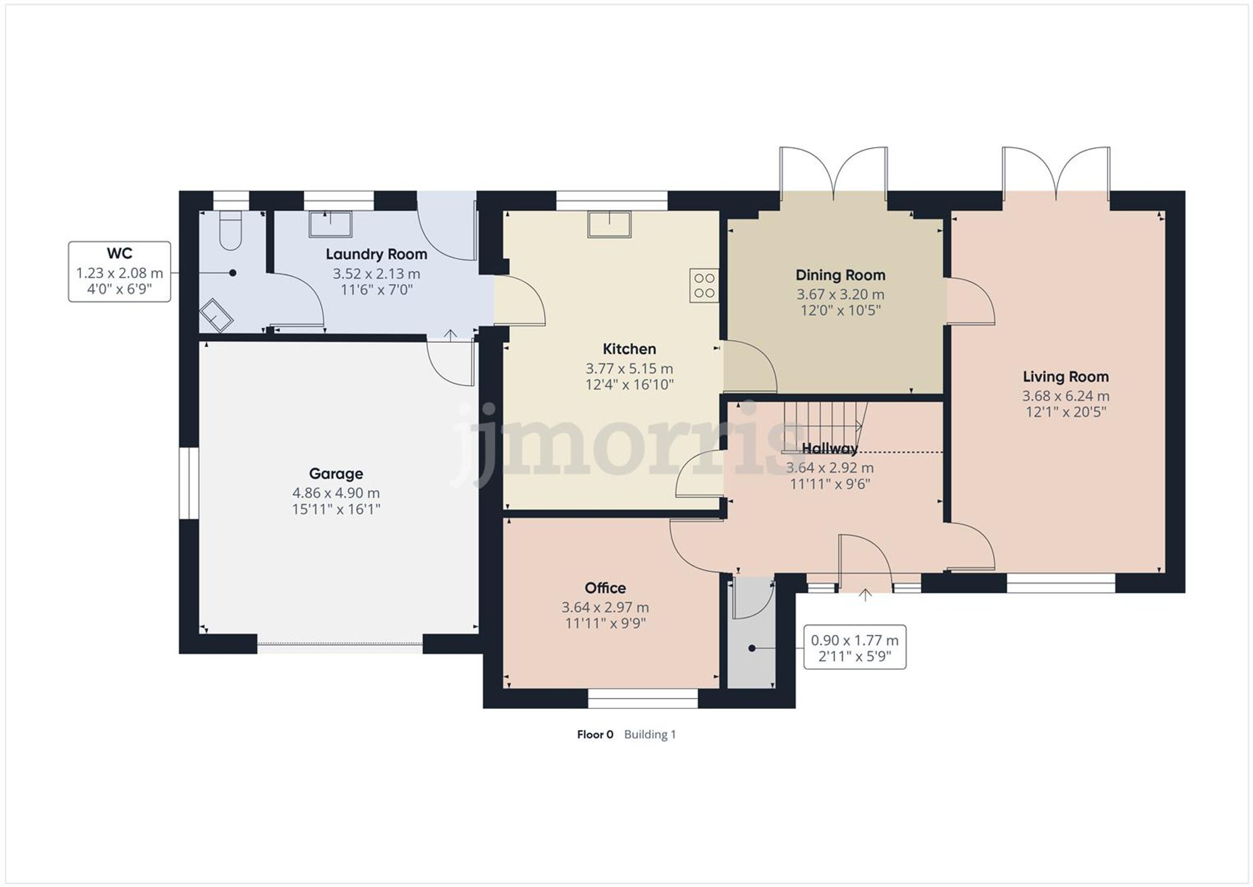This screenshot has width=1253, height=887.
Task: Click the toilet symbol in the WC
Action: click(231, 231)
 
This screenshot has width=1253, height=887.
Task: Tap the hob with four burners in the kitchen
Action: click(704, 286)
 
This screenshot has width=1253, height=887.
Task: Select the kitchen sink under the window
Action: click(609, 224)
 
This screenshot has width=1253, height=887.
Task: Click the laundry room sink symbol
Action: click(330, 224)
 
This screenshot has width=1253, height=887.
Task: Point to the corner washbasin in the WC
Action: click(216, 314)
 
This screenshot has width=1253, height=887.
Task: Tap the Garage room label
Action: click(336, 474)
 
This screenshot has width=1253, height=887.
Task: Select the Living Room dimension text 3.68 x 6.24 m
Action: click(1066, 396)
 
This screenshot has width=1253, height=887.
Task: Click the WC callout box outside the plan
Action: click(119, 271)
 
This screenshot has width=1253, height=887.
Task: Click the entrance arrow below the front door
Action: click(865, 595)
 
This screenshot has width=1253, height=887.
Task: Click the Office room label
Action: click(605, 588)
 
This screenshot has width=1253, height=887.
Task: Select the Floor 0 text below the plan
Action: click(595, 735)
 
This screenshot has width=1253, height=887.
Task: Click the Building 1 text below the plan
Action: click(650, 735)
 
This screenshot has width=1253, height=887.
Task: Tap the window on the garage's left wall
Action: click(189, 483)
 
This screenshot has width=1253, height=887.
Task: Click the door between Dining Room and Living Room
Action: click(969, 302)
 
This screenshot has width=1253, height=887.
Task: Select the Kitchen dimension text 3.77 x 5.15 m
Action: click(629, 369)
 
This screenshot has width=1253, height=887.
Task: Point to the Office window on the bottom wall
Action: click(643, 698)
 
